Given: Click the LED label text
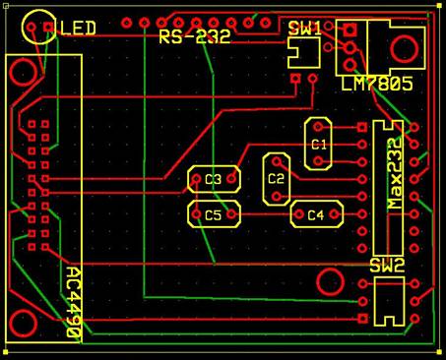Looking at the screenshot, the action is pos(78,28).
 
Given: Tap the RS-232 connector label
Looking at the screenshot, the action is pos(195,36).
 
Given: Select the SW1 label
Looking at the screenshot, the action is pos(305,29).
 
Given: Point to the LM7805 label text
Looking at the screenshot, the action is pos(377,84).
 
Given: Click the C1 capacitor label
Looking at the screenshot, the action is pos(319,145).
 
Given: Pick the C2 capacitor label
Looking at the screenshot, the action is pos(276,179).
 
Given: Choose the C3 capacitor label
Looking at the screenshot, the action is pos(214,179).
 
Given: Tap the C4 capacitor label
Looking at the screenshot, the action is pos(316,214).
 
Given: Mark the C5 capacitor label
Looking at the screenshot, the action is pos(214,215).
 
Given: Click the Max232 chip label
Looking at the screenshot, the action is pos(395,174).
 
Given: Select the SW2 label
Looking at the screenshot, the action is pos(387,266).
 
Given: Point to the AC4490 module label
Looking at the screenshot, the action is pos(74,302).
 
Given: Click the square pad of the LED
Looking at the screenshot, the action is pos(48,27).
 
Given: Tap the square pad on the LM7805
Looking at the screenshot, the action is pos(350,30).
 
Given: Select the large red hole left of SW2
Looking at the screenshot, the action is pos(331,282).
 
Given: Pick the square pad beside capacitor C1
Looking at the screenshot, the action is pos(362,127).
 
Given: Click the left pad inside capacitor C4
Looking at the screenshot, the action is pos(299,214).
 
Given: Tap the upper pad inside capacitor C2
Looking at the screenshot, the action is pos(277,161).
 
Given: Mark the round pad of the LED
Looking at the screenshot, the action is pos(32,27).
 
